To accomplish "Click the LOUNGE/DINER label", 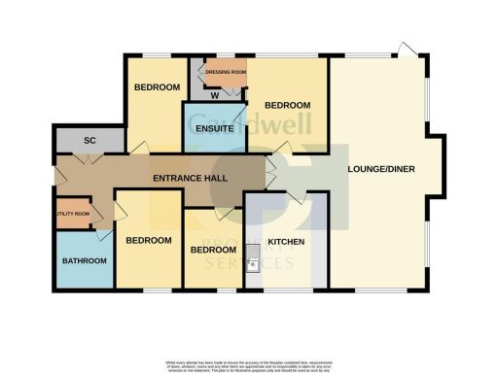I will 382,170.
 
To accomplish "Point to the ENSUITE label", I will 212,128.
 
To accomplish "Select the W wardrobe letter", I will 214,95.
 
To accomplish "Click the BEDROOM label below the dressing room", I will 288,105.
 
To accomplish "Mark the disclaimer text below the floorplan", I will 249,364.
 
